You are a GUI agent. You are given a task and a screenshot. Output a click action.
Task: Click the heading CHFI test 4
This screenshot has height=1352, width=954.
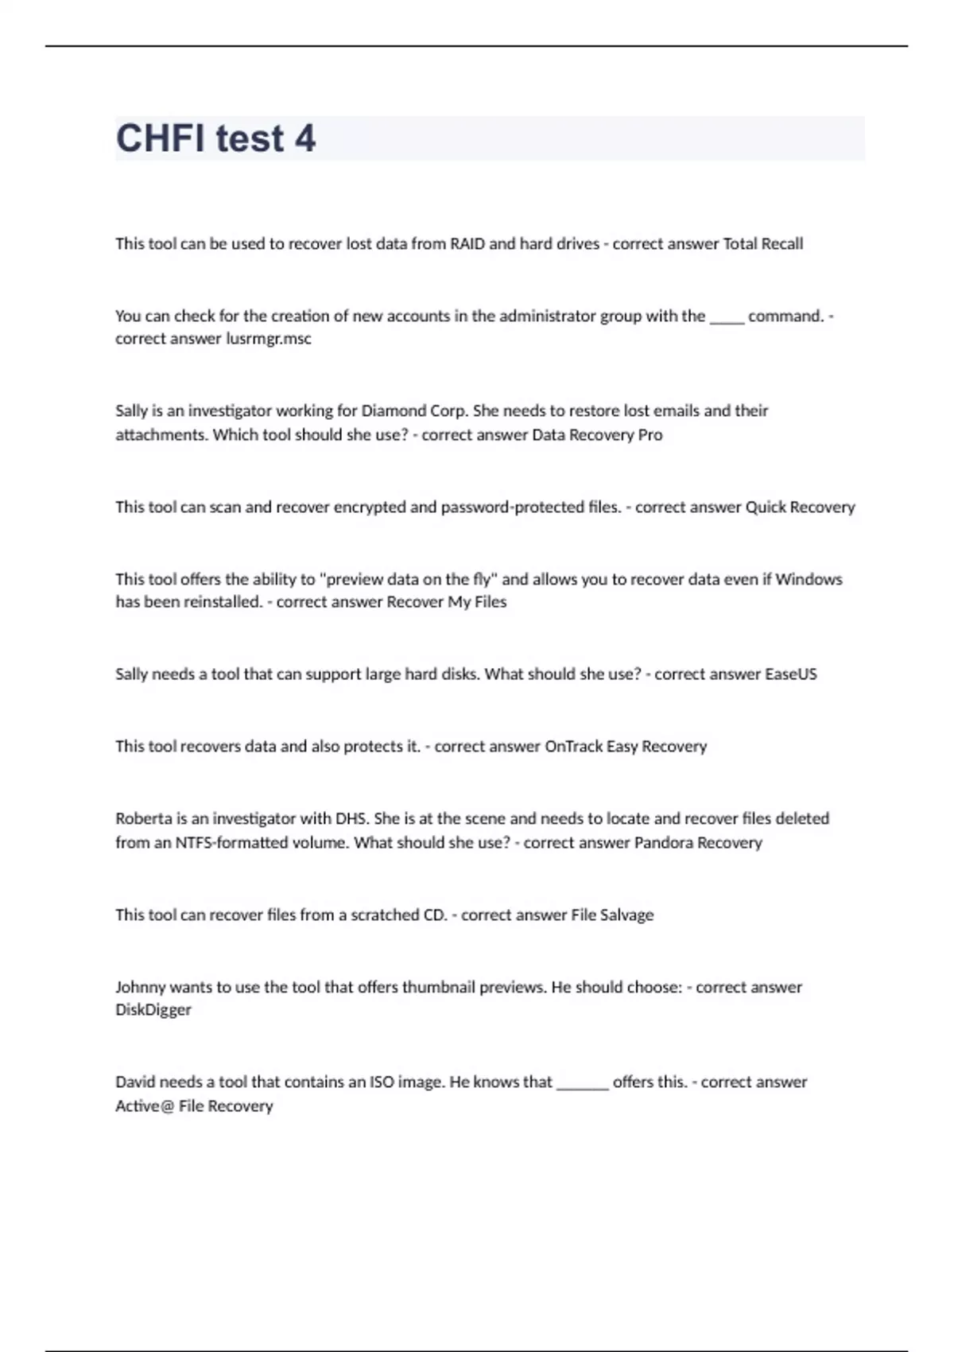215,138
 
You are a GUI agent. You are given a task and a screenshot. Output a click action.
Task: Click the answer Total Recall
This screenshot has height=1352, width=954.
762,244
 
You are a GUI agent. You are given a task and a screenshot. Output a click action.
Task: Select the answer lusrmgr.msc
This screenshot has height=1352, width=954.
269,339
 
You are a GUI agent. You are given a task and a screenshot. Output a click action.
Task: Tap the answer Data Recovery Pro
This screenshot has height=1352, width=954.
597,435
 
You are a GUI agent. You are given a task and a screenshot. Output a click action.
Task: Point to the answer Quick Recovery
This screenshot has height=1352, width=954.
800,507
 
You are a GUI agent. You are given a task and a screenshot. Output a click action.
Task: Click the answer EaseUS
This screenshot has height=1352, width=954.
790,674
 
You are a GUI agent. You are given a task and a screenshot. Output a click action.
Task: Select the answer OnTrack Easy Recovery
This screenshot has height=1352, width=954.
626,747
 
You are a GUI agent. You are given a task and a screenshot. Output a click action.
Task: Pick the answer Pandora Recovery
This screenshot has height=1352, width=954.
698,843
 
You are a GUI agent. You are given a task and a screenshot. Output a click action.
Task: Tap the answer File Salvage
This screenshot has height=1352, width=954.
612,915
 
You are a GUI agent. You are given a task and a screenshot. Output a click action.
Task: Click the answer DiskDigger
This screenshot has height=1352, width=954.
153,1010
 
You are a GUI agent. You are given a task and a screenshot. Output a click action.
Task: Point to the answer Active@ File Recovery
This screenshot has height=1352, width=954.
194,1106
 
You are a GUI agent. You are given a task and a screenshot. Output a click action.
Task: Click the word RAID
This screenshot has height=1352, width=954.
467,244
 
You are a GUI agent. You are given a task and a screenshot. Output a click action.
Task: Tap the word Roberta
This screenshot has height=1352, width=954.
144,819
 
